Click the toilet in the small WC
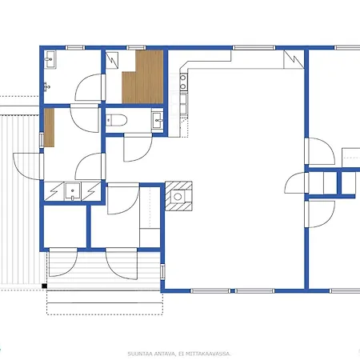[116, 120]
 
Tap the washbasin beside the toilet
[158, 121]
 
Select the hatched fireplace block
[178, 196]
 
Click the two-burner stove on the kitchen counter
[183, 82]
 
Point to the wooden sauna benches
[143, 78]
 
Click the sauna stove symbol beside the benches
[112, 61]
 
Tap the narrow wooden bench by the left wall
[50, 127]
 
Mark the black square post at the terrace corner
[45, 286]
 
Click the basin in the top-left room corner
[50, 59]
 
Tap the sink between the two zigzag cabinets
[72, 191]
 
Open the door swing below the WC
[138, 149]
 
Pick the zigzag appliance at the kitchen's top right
[294, 59]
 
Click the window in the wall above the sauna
[136, 48]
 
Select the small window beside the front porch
[162, 271]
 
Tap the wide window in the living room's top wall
[254, 48]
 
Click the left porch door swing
[63, 262]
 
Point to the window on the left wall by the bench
[42, 140]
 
